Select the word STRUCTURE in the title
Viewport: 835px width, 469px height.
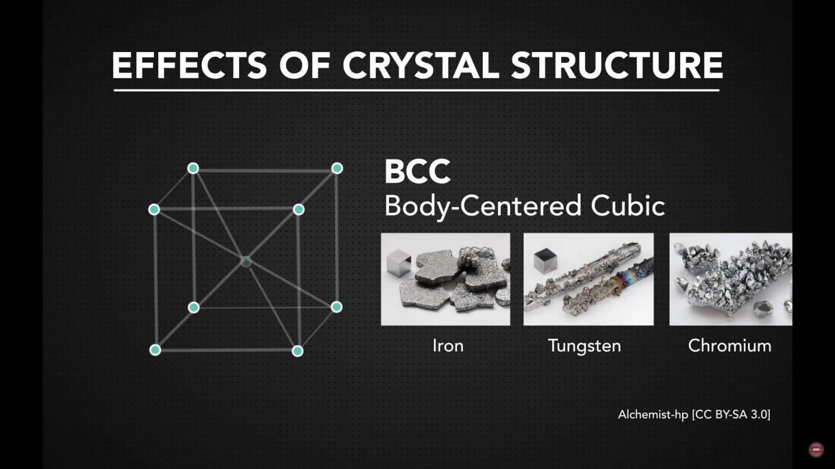[x=616, y=66]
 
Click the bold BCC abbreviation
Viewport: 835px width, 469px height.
[x=417, y=172]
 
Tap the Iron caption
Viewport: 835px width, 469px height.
[x=448, y=346]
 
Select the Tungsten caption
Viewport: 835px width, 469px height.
[x=584, y=346]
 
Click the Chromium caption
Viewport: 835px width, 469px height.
[x=730, y=346]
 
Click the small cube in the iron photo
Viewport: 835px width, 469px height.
[x=398, y=263]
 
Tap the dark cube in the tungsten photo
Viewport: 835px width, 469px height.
[x=545, y=261]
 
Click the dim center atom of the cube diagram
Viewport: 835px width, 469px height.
[x=246, y=262]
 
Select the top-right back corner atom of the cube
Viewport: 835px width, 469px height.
[x=337, y=168]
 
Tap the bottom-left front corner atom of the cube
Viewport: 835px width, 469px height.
[x=155, y=350]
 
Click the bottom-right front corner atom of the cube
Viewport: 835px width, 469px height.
[x=297, y=351]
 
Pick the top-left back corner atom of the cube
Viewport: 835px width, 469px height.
[x=193, y=168]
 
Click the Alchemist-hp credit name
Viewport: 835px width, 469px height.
[x=653, y=415]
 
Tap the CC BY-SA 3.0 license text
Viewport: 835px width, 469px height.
[x=731, y=415]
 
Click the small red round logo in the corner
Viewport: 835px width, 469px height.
[x=815, y=449]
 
